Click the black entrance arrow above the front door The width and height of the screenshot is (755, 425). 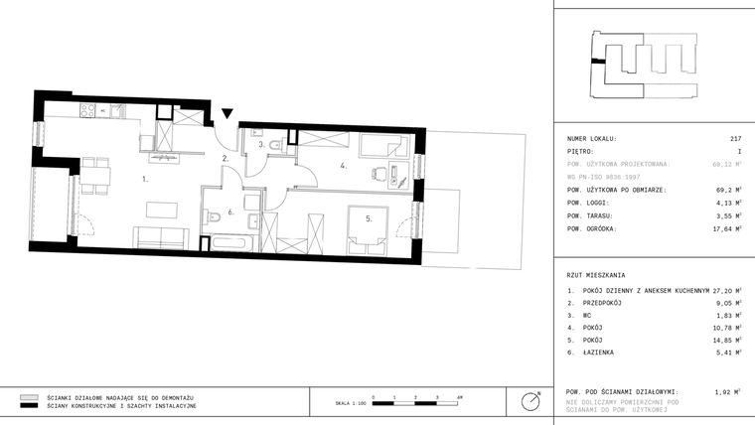pos(227,115)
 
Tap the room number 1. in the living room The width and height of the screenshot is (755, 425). pos(145,180)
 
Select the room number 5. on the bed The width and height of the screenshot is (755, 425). pos(367,218)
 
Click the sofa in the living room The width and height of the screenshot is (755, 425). pos(161,236)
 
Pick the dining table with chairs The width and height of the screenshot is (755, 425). pos(95,175)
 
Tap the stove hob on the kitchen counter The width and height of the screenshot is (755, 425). pos(86,110)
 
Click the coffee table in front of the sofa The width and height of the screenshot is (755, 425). pos(161,210)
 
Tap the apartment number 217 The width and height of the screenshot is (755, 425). pos(735,139)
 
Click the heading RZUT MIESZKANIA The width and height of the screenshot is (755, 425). pos(596,274)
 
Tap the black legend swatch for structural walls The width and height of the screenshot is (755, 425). pos(29,406)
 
